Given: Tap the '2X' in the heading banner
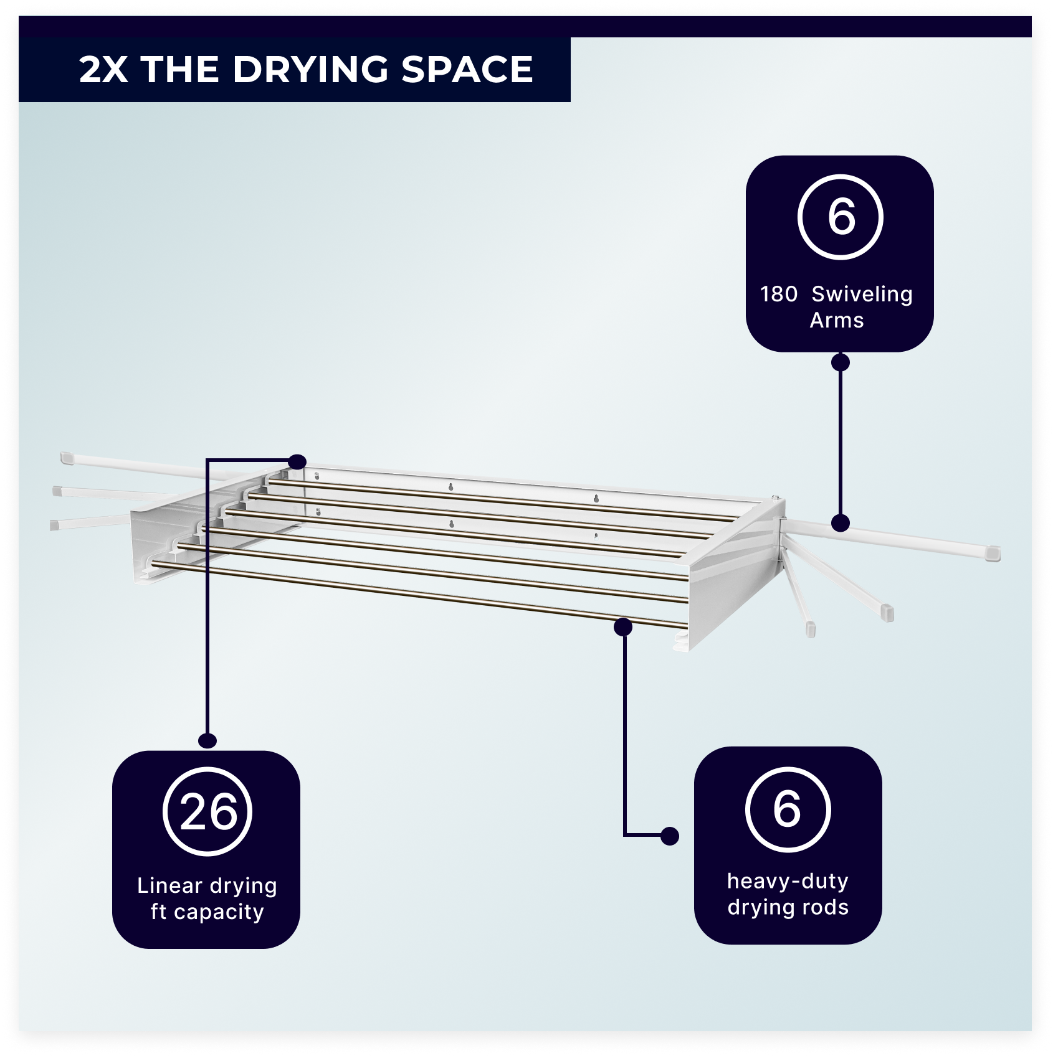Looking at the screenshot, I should (103, 69).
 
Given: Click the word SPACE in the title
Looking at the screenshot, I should (467, 69).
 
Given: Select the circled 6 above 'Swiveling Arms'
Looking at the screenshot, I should (841, 217).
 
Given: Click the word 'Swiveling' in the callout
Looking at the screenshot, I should (862, 294).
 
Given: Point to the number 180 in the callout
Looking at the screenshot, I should (779, 294).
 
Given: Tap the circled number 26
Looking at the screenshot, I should (207, 812).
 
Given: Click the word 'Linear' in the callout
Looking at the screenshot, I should (169, 885).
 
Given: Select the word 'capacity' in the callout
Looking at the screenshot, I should (219, 912).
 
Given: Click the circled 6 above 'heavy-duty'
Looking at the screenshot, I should (788, 809).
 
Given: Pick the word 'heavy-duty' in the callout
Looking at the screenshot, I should (788, 881).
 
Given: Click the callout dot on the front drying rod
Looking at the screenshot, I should (623, 627).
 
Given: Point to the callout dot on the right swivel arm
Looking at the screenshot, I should (841, 523).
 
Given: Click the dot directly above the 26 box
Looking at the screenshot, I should (207, 740).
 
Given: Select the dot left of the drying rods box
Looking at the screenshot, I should (670, 836).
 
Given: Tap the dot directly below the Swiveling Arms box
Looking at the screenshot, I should (841, 362).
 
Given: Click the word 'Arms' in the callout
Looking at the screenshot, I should (837, 320).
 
